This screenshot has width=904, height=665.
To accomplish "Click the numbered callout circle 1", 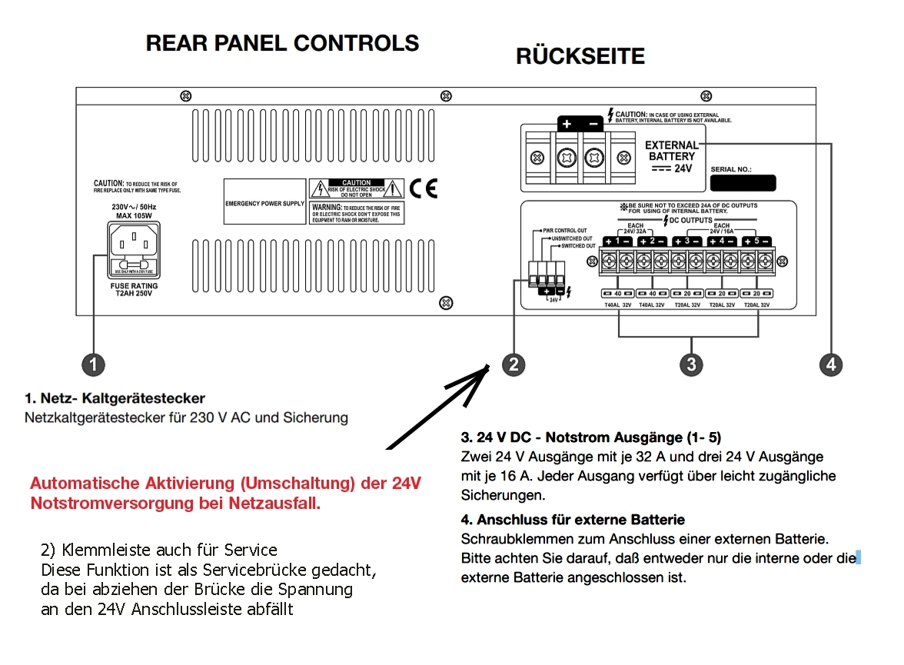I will pos(92,364).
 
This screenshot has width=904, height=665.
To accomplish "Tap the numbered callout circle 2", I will pos(513,364).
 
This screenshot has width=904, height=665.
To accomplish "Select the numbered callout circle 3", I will pos(691,364).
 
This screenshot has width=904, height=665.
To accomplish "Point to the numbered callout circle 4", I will pos(831,364).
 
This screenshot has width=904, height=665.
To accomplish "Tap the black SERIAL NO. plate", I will pos(743,183).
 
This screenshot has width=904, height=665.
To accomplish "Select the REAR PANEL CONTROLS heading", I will pos(282,42).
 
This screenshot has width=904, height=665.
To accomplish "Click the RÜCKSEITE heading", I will pos(580,56).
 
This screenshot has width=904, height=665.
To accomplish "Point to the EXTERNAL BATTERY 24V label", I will pos(672,156).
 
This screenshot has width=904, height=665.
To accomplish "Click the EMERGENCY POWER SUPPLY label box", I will pos(264,204).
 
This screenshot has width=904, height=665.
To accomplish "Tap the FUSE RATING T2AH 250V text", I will pos(134,290).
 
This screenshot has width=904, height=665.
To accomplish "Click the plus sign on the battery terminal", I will pos(567,124).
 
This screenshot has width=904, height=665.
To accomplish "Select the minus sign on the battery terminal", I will pos(593,124).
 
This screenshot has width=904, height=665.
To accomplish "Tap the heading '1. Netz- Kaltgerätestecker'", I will pos(115,398).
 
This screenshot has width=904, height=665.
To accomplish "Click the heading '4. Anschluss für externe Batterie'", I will pos(573,520).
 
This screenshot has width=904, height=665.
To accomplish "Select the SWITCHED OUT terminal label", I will pos(578,246).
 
